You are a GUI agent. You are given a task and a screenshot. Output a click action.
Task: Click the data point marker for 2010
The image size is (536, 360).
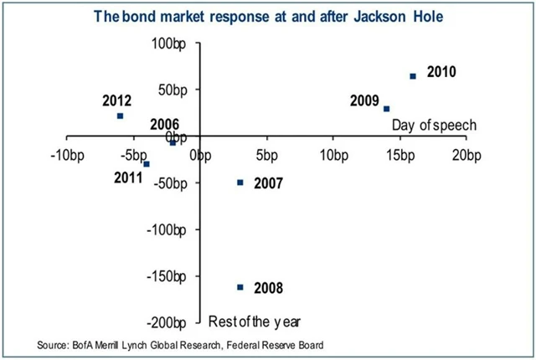click(x=413, y=76)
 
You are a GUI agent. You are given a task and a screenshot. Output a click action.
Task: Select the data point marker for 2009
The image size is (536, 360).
click(x=386, y=109)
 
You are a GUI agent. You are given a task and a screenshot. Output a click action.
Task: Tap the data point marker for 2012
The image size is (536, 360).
click(x=121, y=116)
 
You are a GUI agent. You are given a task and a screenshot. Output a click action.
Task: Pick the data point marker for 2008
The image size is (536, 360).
click(x=240, y=287)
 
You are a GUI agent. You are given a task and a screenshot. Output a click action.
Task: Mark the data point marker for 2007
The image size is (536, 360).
click(x=240, y=183)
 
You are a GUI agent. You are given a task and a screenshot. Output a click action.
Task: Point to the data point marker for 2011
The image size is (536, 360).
click(x=147, y=164)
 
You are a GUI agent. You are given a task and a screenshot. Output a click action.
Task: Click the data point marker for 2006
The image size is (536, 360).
click(x=173, y=143)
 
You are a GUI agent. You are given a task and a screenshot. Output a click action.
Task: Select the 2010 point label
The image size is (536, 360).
click(x=441, y=72)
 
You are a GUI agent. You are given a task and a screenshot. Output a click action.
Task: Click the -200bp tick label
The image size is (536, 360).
click(x=178, y=322)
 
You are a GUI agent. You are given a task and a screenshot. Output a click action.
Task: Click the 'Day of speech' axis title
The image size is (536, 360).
click(x=434, y=125)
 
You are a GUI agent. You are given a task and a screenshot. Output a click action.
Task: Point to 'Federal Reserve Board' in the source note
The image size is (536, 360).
click(x=271, y=345)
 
